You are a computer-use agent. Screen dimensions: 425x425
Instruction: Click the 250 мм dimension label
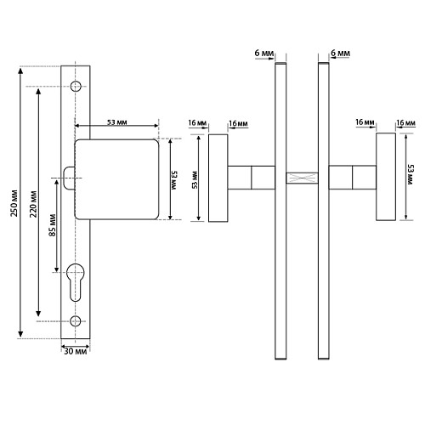[14, 203]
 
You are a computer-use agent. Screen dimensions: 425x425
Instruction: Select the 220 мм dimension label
[33, 204]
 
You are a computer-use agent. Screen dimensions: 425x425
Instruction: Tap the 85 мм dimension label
[53, 225]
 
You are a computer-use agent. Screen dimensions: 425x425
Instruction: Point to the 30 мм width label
[76, 351]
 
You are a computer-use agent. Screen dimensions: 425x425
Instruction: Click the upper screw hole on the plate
[76, 86]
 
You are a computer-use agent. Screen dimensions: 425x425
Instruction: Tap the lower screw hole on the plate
[76, 321]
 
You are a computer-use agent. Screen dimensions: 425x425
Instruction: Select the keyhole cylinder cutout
[76, 282]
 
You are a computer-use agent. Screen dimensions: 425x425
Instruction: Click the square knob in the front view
[116, 179]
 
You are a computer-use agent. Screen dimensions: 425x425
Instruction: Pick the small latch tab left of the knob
[69, 178]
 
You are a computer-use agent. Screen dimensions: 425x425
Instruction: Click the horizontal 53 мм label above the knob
[116, 122]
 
